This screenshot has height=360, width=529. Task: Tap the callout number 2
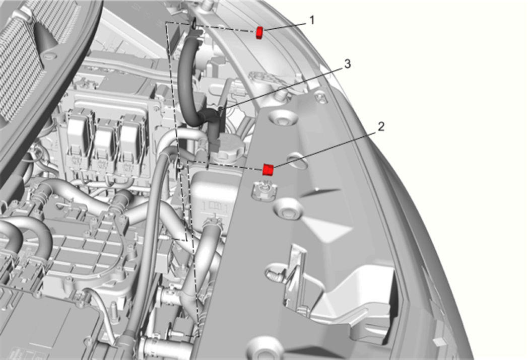(381, 127)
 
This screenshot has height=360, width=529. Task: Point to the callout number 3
(348, 64)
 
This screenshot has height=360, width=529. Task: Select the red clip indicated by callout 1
(259, 32)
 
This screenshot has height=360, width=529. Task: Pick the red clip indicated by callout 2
(268, 170)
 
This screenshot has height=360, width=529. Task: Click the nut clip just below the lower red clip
(264, 191)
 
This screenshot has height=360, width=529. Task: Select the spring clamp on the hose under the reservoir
(213, 223)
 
